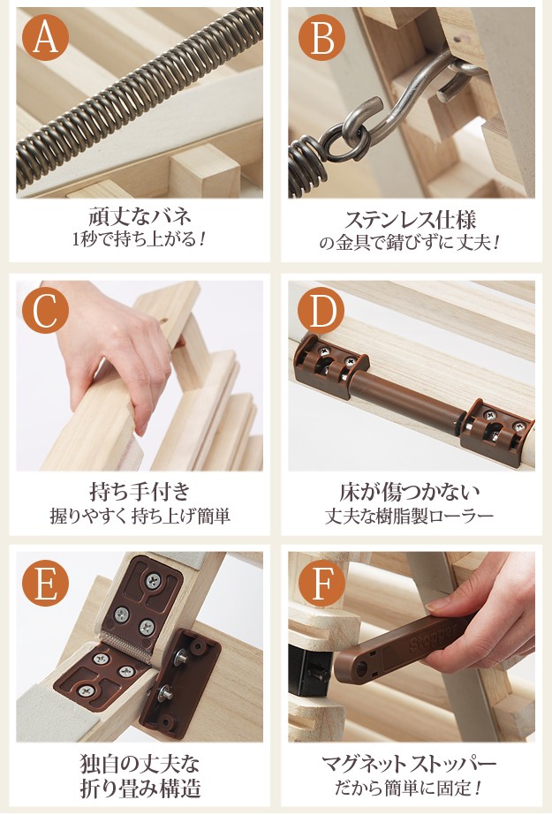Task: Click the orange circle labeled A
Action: pos(45,37)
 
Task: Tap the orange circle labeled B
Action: pos(321,37)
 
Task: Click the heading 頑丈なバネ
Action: pos(140,215)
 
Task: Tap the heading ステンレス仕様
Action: pos(410,220)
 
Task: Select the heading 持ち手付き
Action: pos(140,491)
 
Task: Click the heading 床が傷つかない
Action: pos(410,491)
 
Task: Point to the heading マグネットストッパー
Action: pos(410,764)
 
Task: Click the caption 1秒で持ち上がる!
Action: pos(140,239)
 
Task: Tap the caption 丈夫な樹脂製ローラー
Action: pos(410,517)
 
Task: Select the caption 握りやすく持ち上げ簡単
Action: pos(140,517)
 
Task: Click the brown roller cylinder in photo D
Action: pos(412,398)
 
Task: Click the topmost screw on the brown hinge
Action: pos(153,579)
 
